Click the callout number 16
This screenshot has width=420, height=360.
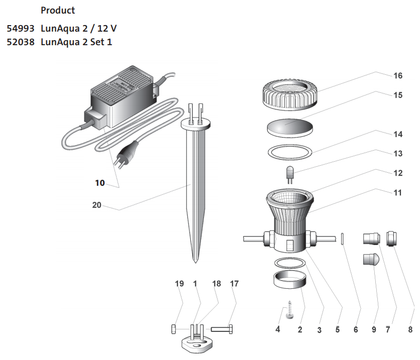click(398, 76)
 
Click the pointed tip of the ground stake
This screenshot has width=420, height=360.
click(194, 260)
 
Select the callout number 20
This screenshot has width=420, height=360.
click(97, 205)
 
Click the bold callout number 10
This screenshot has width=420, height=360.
click(100, 183)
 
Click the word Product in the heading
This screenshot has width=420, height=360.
click(58, 11)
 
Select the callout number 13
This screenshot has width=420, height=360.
click(398, 153)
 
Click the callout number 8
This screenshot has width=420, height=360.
click(410, 330)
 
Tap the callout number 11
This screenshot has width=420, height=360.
click(398, 192)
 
